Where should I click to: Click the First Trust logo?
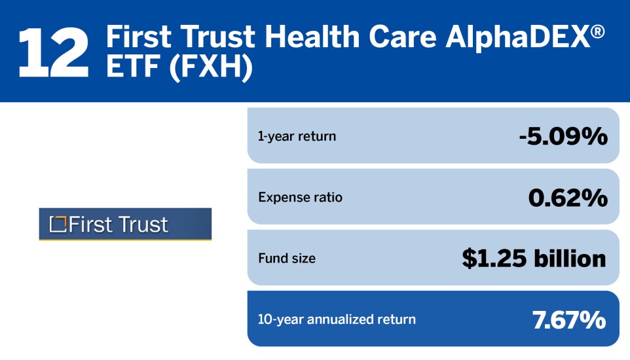125,225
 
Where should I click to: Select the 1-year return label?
297,137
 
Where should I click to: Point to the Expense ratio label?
300,197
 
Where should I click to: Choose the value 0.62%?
567,197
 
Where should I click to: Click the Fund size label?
287,259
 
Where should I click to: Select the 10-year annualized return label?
337,320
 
